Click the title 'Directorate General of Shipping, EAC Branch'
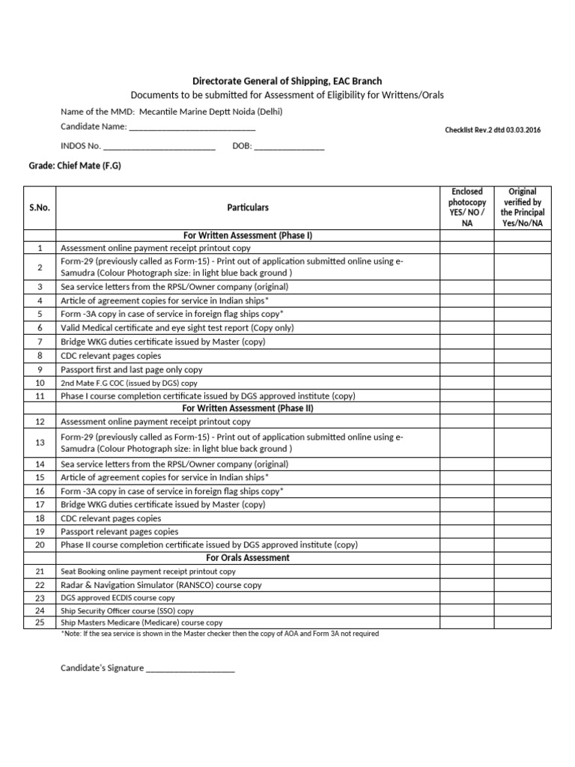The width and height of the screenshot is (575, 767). click(x=287, y=81)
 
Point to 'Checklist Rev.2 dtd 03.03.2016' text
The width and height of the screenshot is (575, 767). click(x=493, y=130)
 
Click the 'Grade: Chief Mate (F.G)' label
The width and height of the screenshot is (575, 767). click(x=74, y=166)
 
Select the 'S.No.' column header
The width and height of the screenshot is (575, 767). click(x=40, y=207)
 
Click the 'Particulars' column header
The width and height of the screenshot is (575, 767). click(x=248, y=207)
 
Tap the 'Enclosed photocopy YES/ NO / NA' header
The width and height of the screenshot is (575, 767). click(x=467, y=207)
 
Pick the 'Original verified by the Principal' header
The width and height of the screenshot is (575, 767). click(x=523, y=207)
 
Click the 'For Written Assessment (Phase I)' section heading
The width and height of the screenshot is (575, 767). click(x=248, y=235)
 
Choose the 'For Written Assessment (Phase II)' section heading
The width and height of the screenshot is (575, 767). click(x=248, y=408)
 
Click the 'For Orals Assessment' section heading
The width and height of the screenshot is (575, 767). click(x=248, y=558)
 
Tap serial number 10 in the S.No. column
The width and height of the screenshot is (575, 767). click(x=40, y=383)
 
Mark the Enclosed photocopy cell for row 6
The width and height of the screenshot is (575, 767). click(x=467, y=328)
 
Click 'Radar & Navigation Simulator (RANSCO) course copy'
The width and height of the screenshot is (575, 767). click(x=160, y=585)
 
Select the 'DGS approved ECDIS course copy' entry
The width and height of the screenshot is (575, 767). click(x=118, y=598)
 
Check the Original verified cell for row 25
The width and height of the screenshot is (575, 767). click(x=523, y=622)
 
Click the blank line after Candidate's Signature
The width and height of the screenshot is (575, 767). click(x=190, y=668)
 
